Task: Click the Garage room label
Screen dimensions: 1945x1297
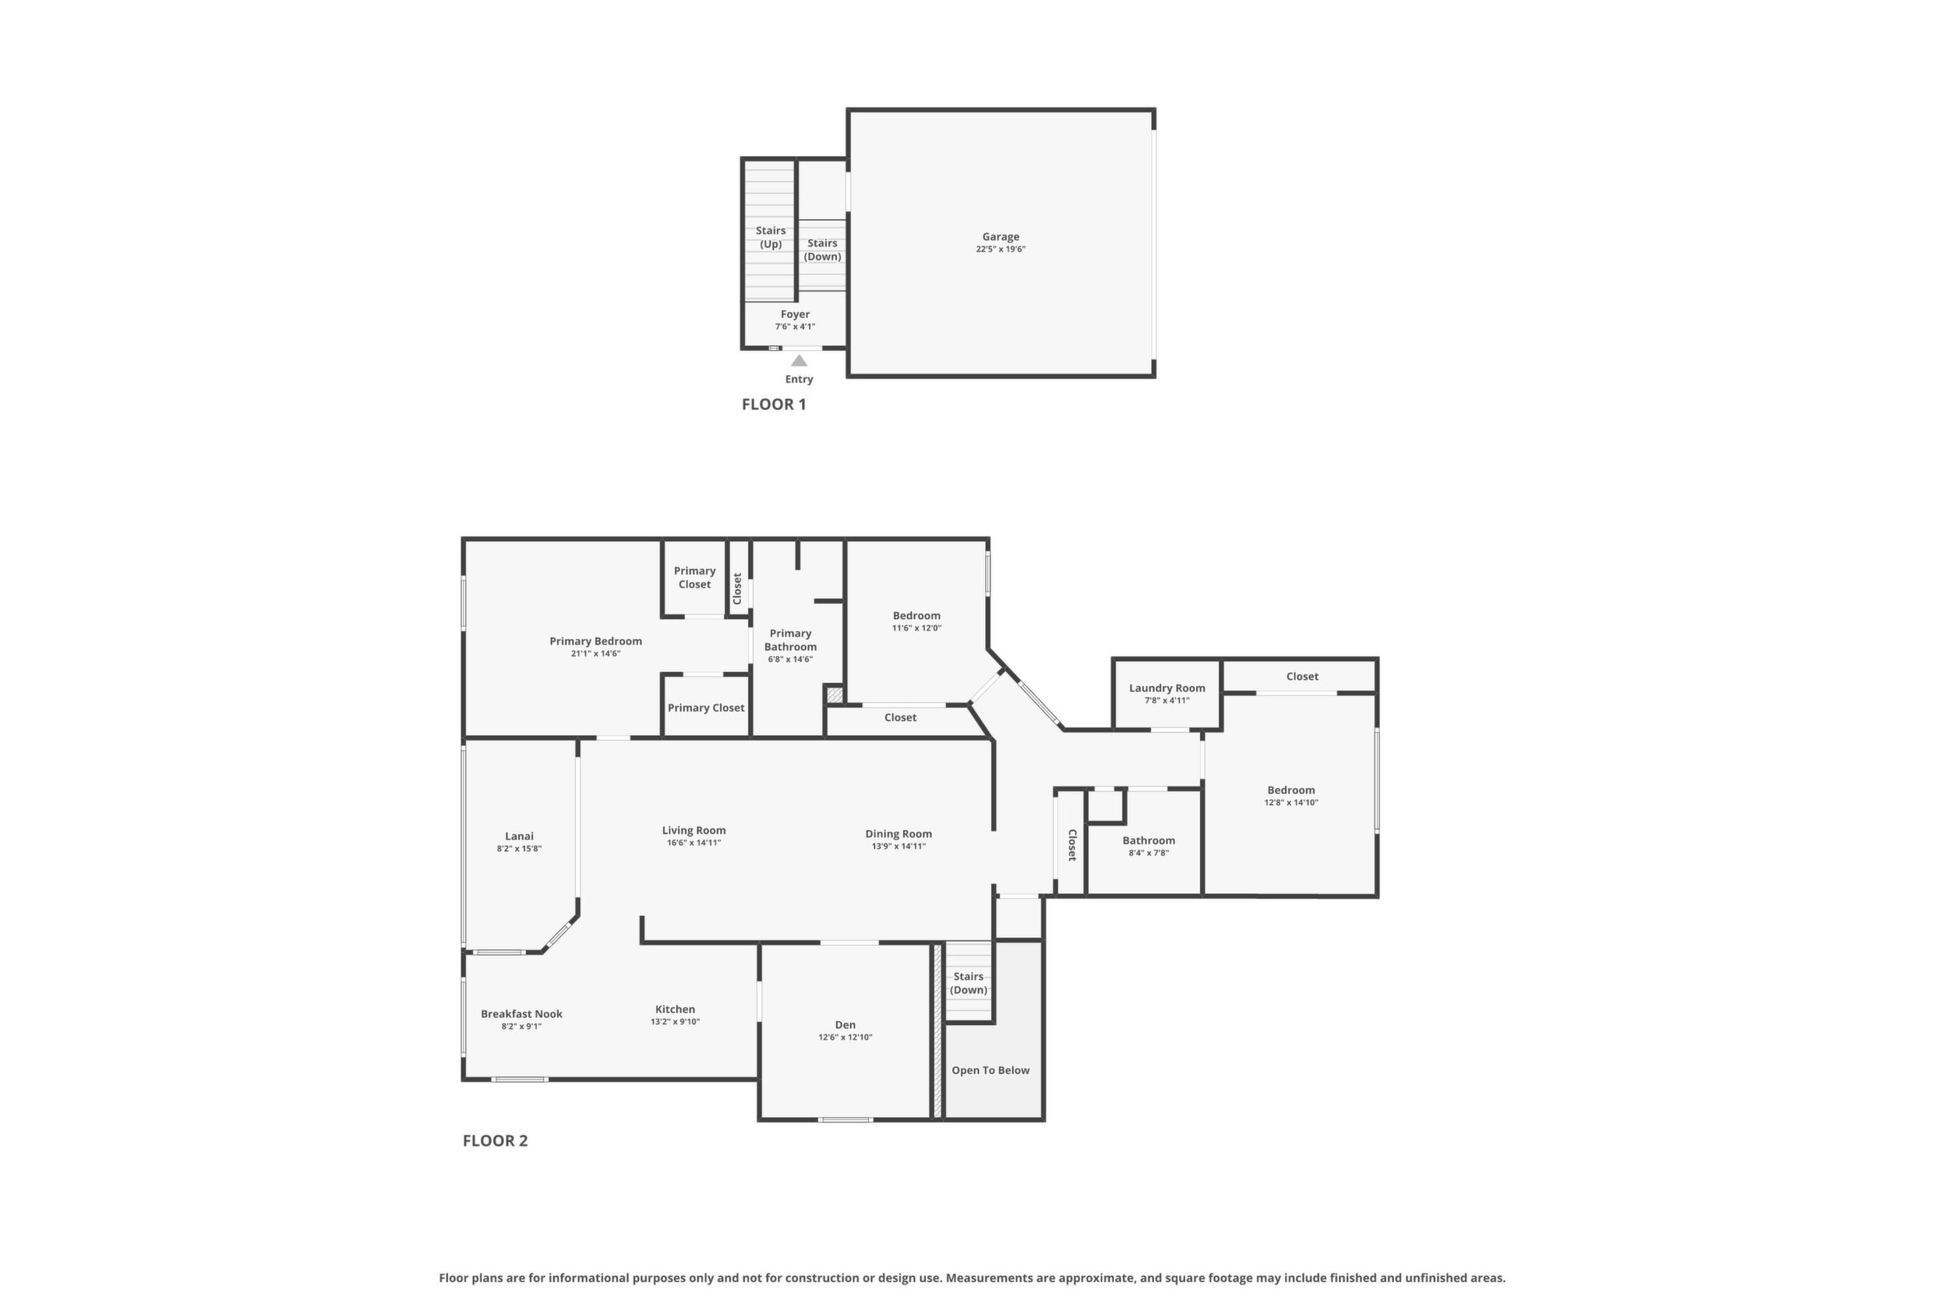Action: pos(1001,237)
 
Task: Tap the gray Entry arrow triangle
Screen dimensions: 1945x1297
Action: pos(799,361)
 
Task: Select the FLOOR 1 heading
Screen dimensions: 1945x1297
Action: pos(773,405)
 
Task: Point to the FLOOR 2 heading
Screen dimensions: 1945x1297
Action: pos(495,1140)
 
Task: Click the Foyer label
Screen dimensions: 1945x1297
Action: pos(795,314)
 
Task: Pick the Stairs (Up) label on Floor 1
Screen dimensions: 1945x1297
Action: pos(771,238)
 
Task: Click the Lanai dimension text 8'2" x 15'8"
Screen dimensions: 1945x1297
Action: pos(519,849)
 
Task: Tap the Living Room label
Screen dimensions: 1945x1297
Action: pos(694,830)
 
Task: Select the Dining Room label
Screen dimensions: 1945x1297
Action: pos(899,834)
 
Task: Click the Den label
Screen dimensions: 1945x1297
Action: pos(845,1025)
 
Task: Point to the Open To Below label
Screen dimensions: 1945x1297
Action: pos(990,1070)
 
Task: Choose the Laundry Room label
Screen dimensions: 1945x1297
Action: pos(1167,688)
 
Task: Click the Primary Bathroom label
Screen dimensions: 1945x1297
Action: pos(791,640)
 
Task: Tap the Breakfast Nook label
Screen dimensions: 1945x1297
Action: pos(522,1014)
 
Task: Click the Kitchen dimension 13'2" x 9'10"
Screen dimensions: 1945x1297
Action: pos(675,1022)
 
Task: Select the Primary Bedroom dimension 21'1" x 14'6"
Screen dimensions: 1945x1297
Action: pos(595,653)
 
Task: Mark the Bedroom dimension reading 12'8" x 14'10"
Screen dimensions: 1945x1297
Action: pos(1291,802)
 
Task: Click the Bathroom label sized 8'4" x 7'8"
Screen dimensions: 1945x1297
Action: pos(1149,840)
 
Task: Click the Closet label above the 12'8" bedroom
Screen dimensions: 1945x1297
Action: pos(1302,677)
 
